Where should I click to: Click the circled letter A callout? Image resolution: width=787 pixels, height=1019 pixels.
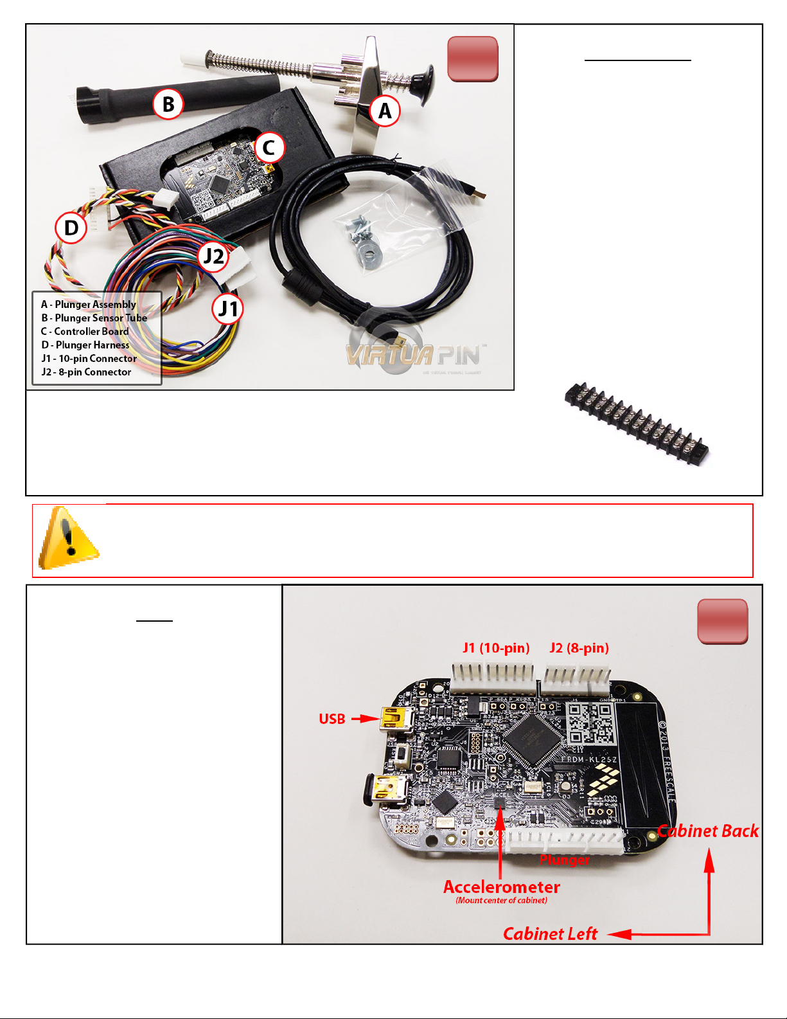click(x=384, y=111)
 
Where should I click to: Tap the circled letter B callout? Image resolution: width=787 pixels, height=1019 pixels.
click(x=168, y=104)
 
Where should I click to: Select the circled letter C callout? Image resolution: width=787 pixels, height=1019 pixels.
click(x=269, y=147)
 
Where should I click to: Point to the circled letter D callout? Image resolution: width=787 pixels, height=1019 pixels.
click(x=71, y=228)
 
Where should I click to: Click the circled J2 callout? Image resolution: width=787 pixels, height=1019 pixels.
click(x=213, y=257)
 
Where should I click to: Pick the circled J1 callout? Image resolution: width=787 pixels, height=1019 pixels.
click(x=227, y=309)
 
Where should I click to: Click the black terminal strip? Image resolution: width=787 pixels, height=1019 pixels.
click(x=636, y=425)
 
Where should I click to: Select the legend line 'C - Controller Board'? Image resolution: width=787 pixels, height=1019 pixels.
click(x=85, y=332)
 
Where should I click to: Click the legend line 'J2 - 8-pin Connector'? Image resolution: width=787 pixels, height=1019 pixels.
click(x=86, y=372)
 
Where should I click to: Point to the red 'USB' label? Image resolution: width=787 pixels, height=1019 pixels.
click(x=332, y=719)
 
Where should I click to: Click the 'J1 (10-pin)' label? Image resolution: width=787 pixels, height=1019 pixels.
click(x=496, y=648)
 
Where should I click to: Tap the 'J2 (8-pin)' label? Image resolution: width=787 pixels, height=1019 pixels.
click(x=579, y=648)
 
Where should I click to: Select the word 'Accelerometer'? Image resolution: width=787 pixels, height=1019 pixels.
click(x=501, y=887)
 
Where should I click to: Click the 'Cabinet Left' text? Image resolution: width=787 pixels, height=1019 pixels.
click(x=550, y=933)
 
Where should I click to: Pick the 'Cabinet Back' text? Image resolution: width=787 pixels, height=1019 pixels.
click(x=707, y=831)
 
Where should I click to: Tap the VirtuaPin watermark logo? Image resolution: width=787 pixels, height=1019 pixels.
click(x=414, y=354)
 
